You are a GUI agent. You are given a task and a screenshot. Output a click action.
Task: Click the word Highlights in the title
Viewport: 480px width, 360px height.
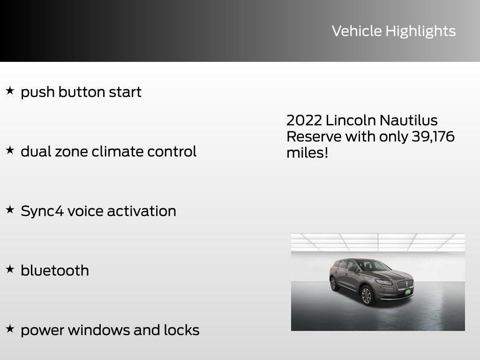click(x=420, y=31)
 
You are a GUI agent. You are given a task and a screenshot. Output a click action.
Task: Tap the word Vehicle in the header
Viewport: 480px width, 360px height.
click(x=357, y=31)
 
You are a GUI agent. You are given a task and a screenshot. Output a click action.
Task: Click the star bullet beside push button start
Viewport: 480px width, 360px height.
click(x=10, y=90)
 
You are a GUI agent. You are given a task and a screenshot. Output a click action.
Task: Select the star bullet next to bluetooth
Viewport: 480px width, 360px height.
click(x=10, y=269)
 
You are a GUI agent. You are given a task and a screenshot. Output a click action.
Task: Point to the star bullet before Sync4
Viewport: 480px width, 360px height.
click(x=10, y=210)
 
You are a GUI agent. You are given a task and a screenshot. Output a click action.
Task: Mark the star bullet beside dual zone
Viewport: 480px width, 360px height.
click(x=10, y=150)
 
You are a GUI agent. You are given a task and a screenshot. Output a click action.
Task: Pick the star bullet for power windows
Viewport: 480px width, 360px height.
click(x=10, y=329)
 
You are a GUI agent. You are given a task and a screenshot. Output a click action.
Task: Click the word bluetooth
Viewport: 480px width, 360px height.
click(x=55, y=270)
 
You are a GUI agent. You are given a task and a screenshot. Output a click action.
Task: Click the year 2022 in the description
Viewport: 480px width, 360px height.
click(x=304, y=120)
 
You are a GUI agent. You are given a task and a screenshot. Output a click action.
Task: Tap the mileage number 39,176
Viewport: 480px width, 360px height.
click(x=433, y=136)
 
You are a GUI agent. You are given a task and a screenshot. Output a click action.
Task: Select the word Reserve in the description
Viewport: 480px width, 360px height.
click(x=314, y=136)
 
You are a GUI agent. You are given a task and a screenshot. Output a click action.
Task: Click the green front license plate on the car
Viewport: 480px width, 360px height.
click(x=408, y=292)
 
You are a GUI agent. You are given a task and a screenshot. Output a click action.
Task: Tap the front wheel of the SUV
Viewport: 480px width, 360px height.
click(x=366, y=296)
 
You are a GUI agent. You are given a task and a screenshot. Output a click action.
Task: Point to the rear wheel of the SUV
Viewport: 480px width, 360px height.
click(x=333, y=284)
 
